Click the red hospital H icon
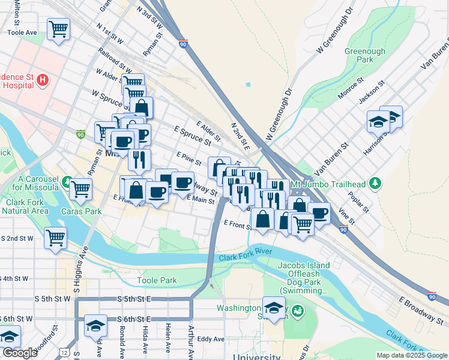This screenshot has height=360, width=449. (42, 80)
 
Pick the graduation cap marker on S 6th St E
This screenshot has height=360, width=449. (95, 326)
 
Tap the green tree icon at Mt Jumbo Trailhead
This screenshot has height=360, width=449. (375, 182)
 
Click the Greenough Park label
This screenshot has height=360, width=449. (364, 56)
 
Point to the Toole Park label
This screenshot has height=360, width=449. (157, 280)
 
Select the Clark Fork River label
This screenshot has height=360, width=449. (245, 257)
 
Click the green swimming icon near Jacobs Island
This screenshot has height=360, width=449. (298, 311)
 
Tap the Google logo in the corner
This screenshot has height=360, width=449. (20, 353)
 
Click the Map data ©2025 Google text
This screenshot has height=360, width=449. (411, 355)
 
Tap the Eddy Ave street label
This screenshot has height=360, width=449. (210, 339)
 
